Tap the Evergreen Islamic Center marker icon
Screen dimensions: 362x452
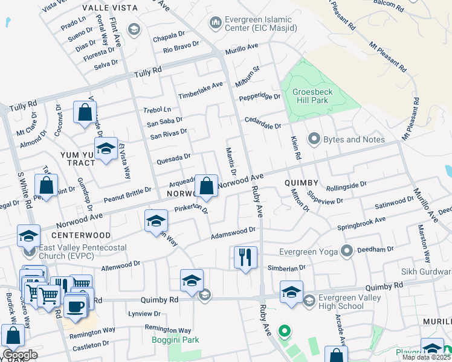tap(215, 24)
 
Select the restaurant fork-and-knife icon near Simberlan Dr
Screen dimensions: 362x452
tap(245, 258)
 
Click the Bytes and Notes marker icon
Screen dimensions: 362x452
tap(314, 139)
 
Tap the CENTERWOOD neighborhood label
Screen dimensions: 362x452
tap(80, 235)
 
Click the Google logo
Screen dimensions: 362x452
tap(20, 355)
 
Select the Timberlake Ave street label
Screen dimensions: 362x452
tap(200, 91)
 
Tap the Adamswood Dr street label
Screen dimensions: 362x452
tap(233, 233)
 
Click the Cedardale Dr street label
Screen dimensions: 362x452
tap(261, 123)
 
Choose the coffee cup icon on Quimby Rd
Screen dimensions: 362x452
tap(75, 305)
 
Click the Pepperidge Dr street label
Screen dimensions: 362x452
tap(260, 97)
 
